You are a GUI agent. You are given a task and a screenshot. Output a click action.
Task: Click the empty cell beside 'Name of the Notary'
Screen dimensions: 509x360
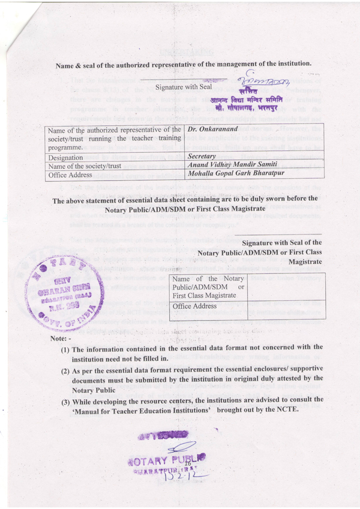pyautogui.click(x=286, y=288)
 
